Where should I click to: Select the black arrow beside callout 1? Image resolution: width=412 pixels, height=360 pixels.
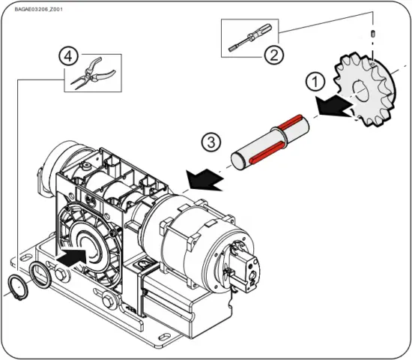pos(334,108)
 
